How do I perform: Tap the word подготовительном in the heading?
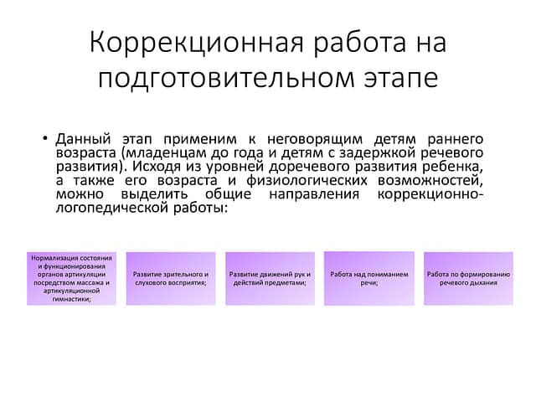226,79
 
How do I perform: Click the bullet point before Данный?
44,138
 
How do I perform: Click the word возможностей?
430,181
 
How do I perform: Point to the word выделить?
154,194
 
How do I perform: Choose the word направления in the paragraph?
314,194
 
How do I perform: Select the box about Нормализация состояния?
71,279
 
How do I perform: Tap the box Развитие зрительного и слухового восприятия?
171,279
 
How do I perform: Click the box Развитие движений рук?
270,279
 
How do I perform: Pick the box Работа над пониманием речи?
369,279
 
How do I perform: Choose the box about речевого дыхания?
469,279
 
